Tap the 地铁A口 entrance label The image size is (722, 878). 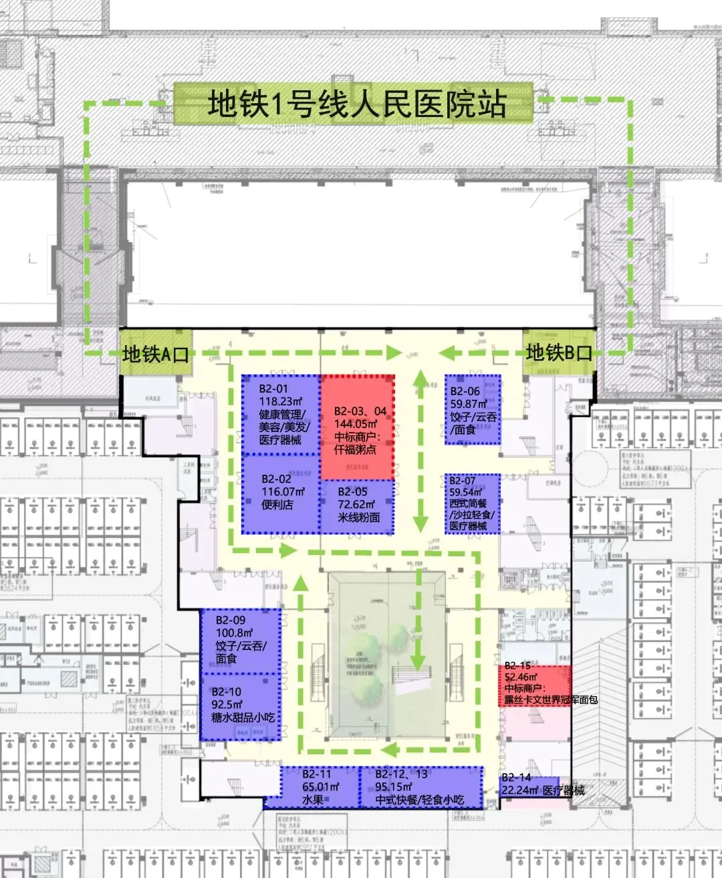point(155,354)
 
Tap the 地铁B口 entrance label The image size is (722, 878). point(559,352)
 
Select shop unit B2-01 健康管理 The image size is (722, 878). point(281,415)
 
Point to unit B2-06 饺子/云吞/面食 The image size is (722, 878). point(473,409)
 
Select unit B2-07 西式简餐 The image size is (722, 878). point(473,503)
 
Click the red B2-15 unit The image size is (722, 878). point(535,684)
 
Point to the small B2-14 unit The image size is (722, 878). point(528,786)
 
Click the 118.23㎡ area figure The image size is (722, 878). point(281,401)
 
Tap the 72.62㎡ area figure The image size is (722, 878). point(356,505)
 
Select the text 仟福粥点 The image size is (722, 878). point(356,449)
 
